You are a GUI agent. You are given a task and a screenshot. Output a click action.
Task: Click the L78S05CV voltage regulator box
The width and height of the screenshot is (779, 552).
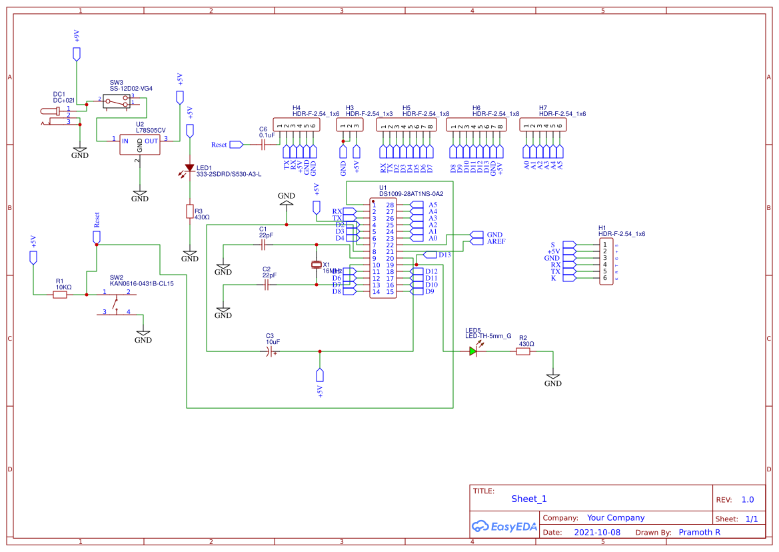pyautogui.click(x=139, y=144)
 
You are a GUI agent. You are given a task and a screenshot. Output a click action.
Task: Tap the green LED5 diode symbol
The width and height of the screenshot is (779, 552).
pyautogui.click(x=473, y=351)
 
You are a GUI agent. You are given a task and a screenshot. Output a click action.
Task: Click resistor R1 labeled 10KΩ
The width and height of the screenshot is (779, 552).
pyautogui.click(x=60, y=294)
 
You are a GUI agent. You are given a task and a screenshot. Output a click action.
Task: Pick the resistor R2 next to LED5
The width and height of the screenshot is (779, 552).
pyautogui.click(x=523, y=351)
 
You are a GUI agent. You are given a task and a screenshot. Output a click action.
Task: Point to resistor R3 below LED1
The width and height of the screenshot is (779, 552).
pyautogui.click(x=190, y=211)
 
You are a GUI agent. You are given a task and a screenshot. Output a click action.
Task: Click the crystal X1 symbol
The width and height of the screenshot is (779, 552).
pyautogui.click(x=317, y=265)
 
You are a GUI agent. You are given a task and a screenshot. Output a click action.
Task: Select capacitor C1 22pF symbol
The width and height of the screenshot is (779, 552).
pyautogui.click(x=265, y=245)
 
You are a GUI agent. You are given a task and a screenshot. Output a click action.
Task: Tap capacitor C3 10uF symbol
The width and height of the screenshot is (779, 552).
pyautogui.click(x=270, y=351)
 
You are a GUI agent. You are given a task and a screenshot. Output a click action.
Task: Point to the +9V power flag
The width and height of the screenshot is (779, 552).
pyautogui.click(x=77, y=53)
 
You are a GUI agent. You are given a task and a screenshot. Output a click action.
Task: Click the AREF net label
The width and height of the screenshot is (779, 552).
pyautogui.click(x=496, y=242)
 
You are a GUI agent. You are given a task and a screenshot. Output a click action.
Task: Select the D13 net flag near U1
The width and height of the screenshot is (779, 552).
pyautogui.click(x=444, y=255)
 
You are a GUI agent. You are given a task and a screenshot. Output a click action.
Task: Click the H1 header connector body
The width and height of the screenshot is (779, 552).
pyautogui.click(x=606, y=261)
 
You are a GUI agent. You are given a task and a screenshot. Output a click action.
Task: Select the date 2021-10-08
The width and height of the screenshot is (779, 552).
pyautogui.click(x=596, y=533)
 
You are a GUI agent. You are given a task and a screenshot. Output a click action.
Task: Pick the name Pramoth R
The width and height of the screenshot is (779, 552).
pyautogui.click(x=699, y=533)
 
